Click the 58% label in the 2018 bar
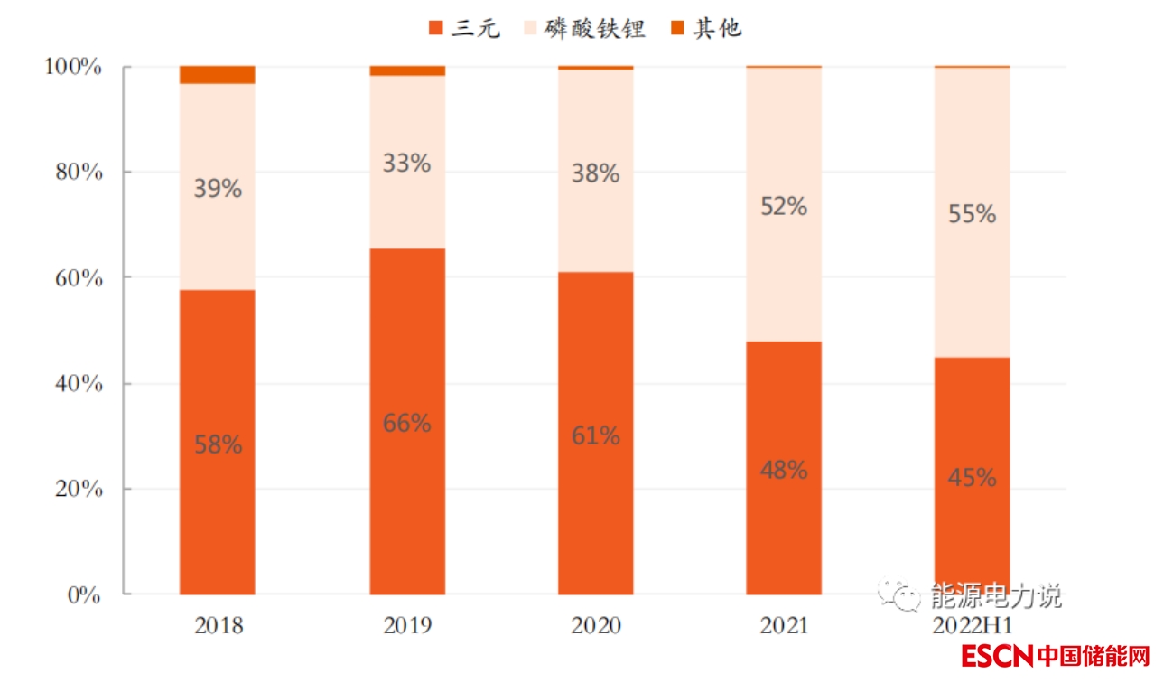[x=218, y=444]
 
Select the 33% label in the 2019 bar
[x=406, y=164]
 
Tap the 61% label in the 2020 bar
[x=595, y=436]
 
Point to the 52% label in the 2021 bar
[x=783, y=206]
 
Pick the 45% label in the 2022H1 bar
[x=972, y=478]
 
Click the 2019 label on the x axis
[x=407, y=625]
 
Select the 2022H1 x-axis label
[x=972, y=625]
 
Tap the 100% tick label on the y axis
[x=73, y=67]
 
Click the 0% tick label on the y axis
[x=85, y=594]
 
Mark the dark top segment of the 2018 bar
[x=218, y=75]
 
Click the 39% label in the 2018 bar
[x=218, y=189]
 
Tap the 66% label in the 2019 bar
[x=406, y=423]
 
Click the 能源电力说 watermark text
[x=995, y=596]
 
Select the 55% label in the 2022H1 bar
[x=972, y=214]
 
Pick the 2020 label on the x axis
[x=596, y=625]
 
